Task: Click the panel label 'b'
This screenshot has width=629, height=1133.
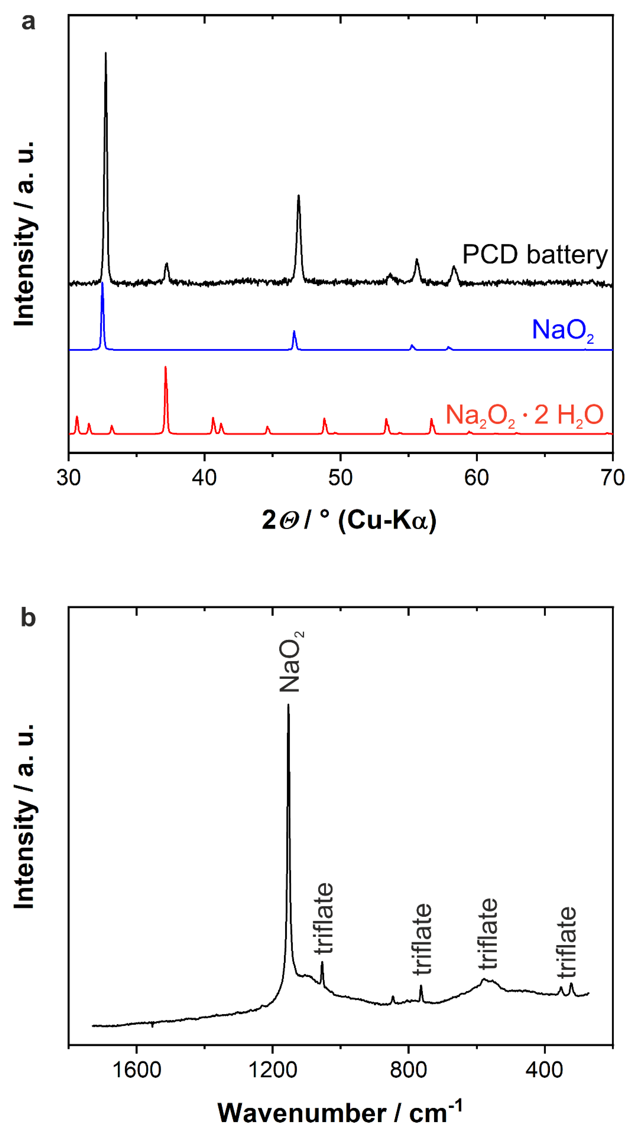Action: (28, 618)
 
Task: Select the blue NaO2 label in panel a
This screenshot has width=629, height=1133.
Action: (562, 330)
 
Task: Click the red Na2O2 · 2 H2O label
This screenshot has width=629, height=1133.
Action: (524, 415)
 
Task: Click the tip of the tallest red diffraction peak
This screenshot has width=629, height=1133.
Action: (165, 367)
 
